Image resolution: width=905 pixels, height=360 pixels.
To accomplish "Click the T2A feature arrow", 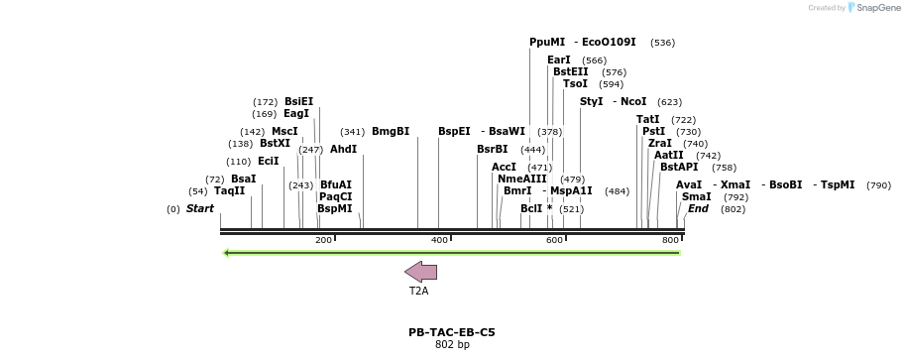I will click(x=420, y=272).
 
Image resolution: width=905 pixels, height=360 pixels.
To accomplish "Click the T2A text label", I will click(x=419, y=292).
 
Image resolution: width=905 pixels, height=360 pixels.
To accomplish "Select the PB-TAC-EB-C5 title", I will click(x=452, y=332).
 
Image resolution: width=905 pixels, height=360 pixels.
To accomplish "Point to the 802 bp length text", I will click(x=452, y=345).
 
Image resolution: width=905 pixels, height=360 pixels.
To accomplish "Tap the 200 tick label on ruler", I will click(x=323, y=241).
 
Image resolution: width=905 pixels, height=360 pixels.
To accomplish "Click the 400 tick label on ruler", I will click(x=439, y=241).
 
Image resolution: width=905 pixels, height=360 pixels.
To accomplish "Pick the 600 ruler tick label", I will click(x=554, y=241).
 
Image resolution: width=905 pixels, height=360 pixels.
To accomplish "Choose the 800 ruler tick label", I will click(x=670, y=241).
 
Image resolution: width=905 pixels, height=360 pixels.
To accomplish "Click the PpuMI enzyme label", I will click(x=547, y=43).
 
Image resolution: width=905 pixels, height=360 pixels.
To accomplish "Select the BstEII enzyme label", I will click(x=570, y=71).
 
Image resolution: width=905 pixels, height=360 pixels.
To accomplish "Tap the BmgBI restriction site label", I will click(x=391, y=131).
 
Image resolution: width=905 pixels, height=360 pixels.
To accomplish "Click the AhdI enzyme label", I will click(x=343, y=149).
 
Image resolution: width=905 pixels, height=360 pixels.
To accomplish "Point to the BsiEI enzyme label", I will click(x=298, y=101).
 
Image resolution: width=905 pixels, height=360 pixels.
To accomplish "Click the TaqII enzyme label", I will click(x=230, y=190).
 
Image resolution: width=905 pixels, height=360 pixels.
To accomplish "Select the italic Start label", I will click(x=199, y=208).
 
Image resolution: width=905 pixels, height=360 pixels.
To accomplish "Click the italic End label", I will click(x=698, y=208).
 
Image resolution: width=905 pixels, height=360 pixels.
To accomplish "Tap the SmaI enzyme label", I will click(x=697, y=196).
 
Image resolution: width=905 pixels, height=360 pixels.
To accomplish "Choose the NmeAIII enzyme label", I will click(x=522, y=179).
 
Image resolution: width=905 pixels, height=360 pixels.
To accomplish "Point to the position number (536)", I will click(x=662, y=43).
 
